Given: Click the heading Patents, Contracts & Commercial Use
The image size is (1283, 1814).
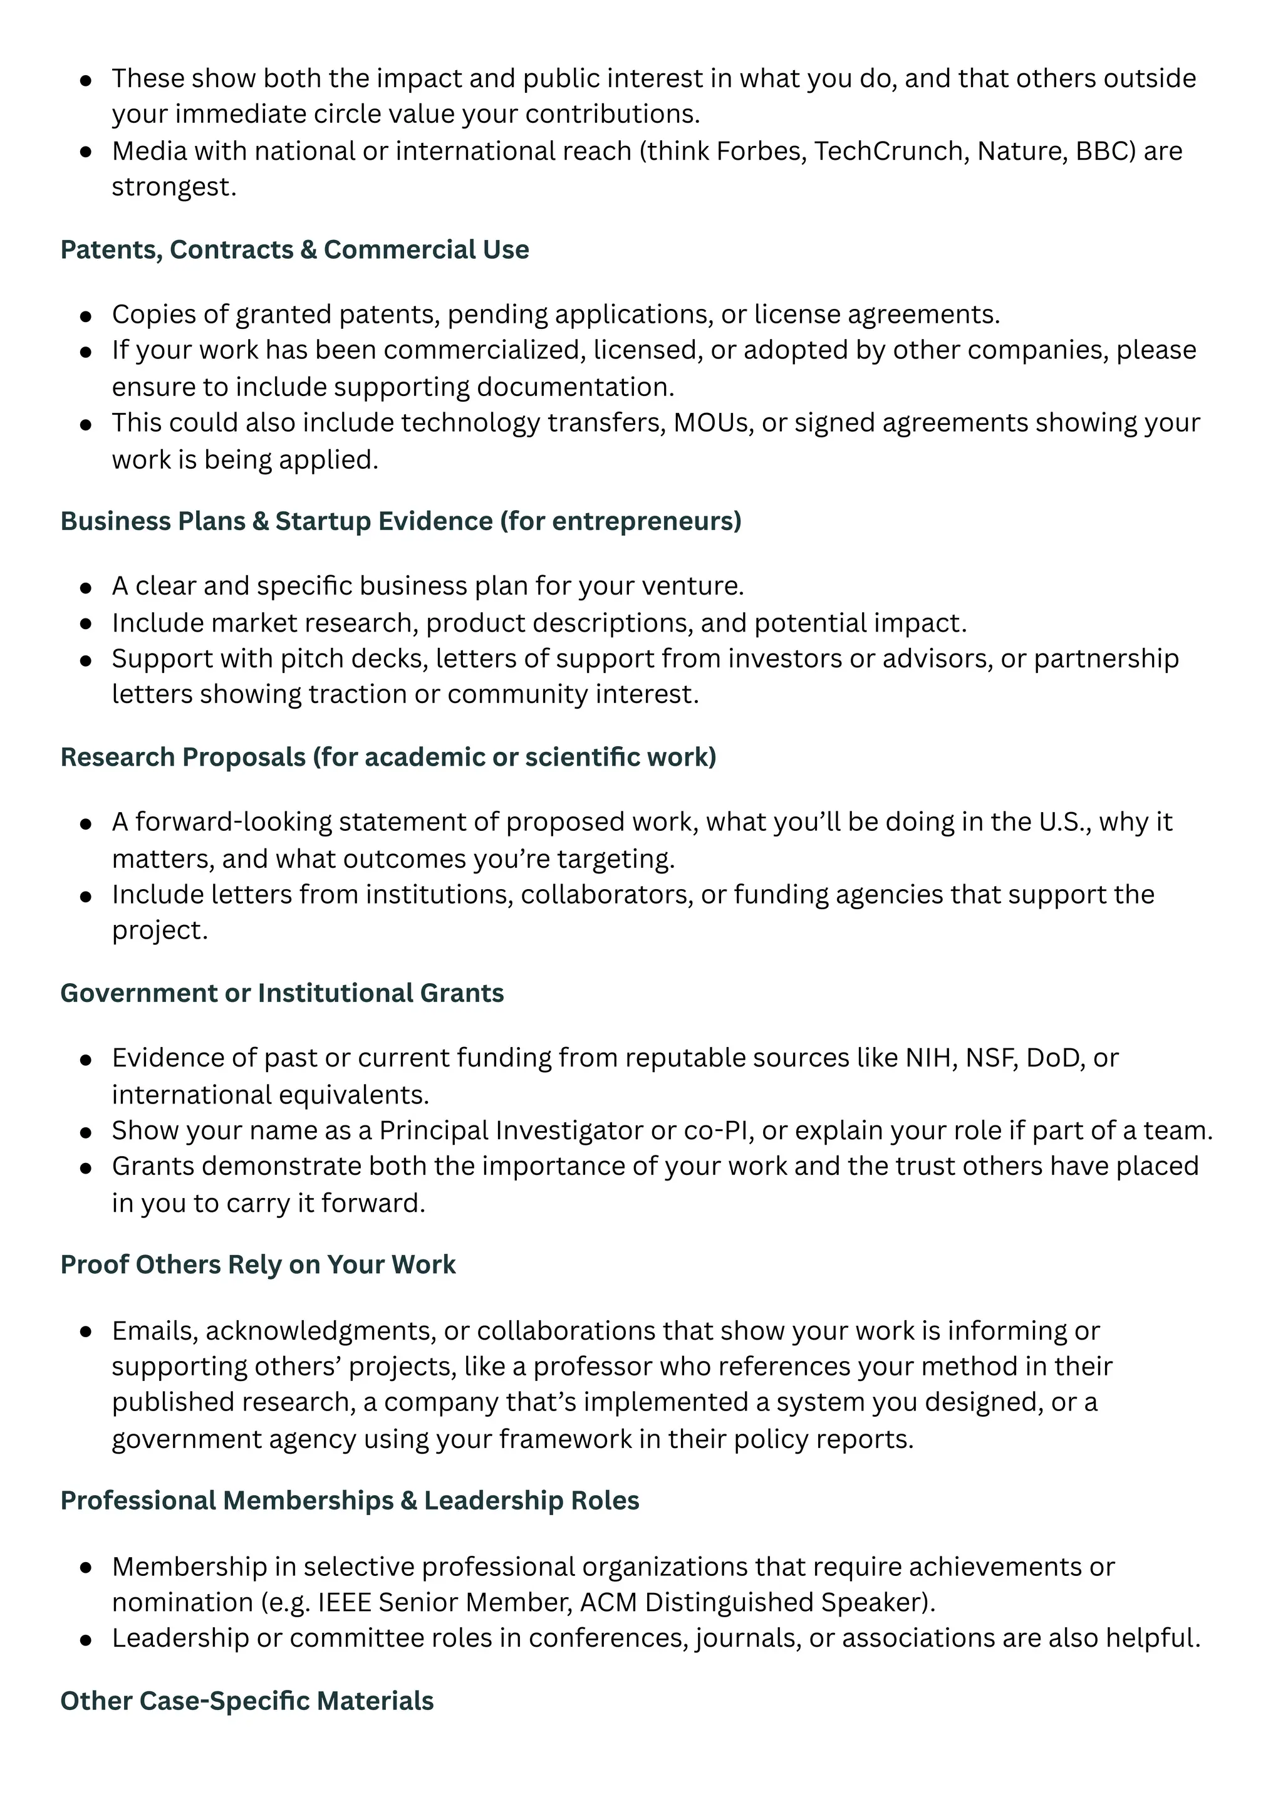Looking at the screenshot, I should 294,249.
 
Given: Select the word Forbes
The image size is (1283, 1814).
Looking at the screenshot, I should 760,151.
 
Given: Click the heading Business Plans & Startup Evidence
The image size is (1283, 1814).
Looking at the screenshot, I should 400,521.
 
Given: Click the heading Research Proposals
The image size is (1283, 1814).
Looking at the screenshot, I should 387,757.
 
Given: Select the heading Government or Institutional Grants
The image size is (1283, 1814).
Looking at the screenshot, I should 281,993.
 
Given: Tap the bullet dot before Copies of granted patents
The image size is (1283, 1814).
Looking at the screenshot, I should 86,316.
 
